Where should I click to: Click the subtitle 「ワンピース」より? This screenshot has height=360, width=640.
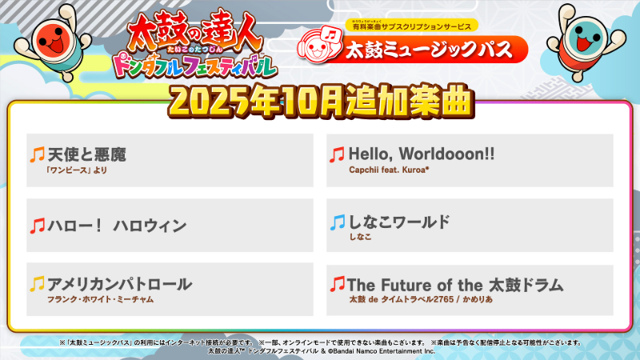click(77, 170)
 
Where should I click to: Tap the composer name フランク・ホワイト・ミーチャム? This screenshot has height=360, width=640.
click(100, 299)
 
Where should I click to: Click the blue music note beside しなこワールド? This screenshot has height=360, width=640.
click(337, 222)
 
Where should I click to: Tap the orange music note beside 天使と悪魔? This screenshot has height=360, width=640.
click(37, 154)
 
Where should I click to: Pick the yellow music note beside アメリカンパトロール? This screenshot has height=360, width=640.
click(37, 284)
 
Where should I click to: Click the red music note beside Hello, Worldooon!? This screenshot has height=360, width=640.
click(337, 154)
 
